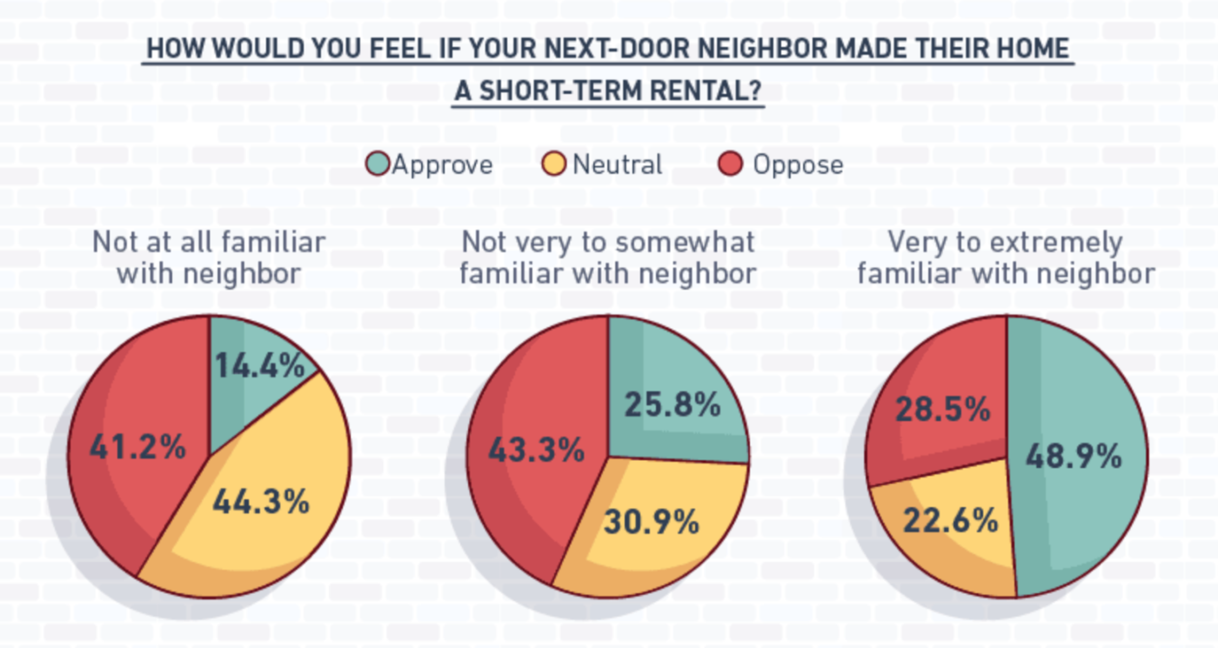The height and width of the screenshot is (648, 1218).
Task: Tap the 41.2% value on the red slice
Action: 137,448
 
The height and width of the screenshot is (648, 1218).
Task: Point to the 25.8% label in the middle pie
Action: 673,404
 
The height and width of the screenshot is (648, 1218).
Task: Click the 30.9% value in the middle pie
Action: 651,522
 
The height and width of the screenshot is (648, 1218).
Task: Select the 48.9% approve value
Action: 1074,456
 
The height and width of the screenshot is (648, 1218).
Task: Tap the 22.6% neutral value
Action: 950,521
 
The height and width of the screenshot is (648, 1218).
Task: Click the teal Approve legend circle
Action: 378,164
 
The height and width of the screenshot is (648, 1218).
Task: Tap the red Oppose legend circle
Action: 731,164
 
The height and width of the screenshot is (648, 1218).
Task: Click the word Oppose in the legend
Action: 798,164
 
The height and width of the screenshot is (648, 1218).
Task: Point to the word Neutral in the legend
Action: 618,164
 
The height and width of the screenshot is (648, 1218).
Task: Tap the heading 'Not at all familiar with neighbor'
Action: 209,257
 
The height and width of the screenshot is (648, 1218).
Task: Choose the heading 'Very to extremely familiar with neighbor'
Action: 1006,257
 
